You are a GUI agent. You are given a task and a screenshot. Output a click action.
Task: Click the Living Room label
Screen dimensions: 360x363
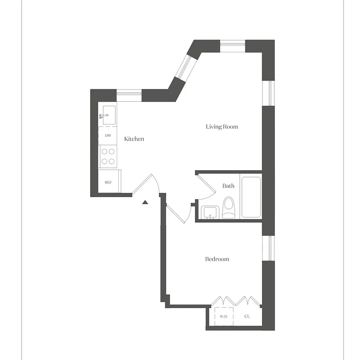click(222, 127)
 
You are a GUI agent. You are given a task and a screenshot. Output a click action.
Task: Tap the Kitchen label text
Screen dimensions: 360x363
click(134, 139)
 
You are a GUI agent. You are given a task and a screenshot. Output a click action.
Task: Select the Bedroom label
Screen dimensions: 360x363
click(217, 259)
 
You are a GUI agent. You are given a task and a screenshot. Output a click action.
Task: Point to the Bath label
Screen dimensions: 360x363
click(228, 186)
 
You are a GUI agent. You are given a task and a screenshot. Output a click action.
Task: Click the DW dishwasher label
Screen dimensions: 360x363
click(108, 135)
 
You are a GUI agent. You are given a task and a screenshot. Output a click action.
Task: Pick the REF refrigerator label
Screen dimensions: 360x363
click(108, 182)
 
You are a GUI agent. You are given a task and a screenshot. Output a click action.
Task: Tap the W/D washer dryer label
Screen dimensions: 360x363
click(224, 317)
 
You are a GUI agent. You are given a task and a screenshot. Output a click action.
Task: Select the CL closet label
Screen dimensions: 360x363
click(247, 317)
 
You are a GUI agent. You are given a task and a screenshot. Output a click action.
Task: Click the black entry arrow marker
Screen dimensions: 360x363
click(145, 202)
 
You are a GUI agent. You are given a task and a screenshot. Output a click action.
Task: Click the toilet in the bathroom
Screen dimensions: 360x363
click(228, 207)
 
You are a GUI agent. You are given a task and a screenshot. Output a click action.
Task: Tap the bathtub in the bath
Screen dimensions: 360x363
click(251, 197)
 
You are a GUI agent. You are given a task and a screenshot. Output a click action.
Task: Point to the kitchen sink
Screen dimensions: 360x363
click(109, 115)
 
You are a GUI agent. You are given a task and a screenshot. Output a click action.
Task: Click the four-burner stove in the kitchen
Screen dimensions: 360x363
click(108, 157)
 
